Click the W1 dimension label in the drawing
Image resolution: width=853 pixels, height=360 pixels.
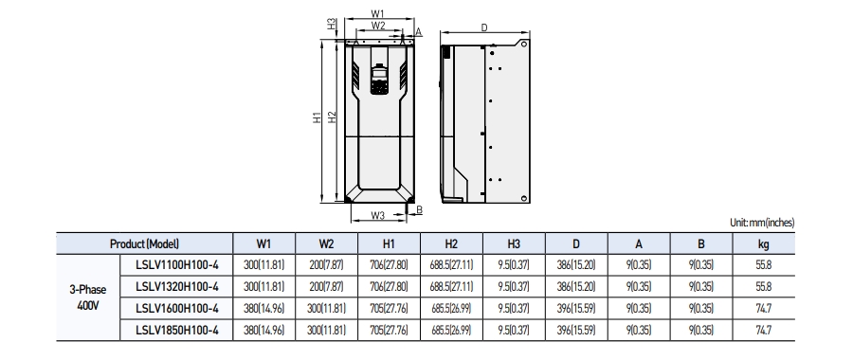point(377,12)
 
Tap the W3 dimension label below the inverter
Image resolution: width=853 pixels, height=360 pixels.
point(377,215)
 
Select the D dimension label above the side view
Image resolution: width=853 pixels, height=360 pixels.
point(483,28)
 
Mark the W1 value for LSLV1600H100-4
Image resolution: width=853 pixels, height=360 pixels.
point(264,307)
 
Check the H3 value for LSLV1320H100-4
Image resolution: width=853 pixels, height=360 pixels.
point(513,286)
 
